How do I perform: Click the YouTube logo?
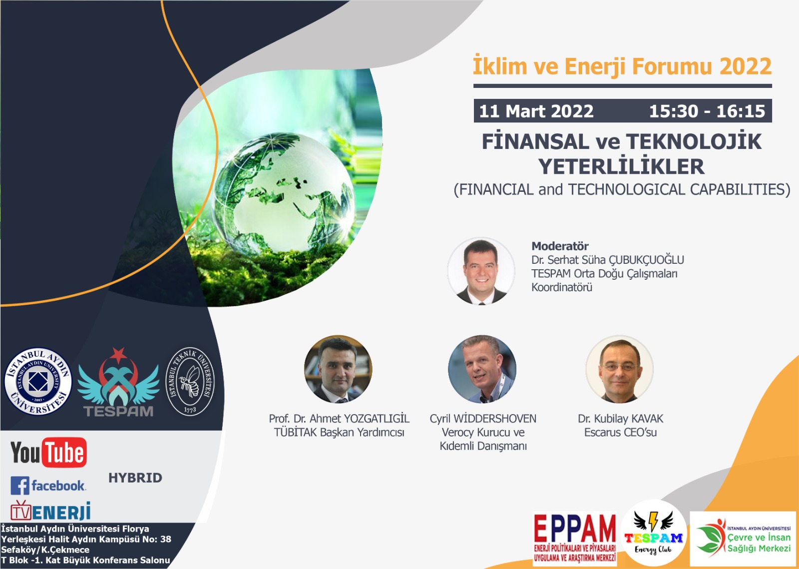[x=48, y=452]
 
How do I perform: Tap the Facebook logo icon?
[x=20, y=486]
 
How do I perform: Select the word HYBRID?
[x=135, y=478]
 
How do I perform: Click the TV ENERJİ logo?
[x=50, y=511]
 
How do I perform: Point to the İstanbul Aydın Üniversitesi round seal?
[x=38, y=381]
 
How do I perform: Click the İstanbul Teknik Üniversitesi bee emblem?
[x=190, y=381]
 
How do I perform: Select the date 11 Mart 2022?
[x=536, y=111]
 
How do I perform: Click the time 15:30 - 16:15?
[x=707, y=111]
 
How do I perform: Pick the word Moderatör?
[x=560, y=246]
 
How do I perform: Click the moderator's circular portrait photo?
[x=481, y=271]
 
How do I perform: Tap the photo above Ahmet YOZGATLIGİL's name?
[x=338, y=369]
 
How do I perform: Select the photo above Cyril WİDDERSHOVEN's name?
[x=482, y=369]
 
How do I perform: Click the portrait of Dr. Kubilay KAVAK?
[x=620, y=369]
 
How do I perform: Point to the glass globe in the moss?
[x=283, y=193]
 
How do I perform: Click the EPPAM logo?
[x=575, y=539]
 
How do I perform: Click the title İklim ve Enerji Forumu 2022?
[x=622, y=66]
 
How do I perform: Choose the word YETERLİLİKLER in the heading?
[x=622, y=166]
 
